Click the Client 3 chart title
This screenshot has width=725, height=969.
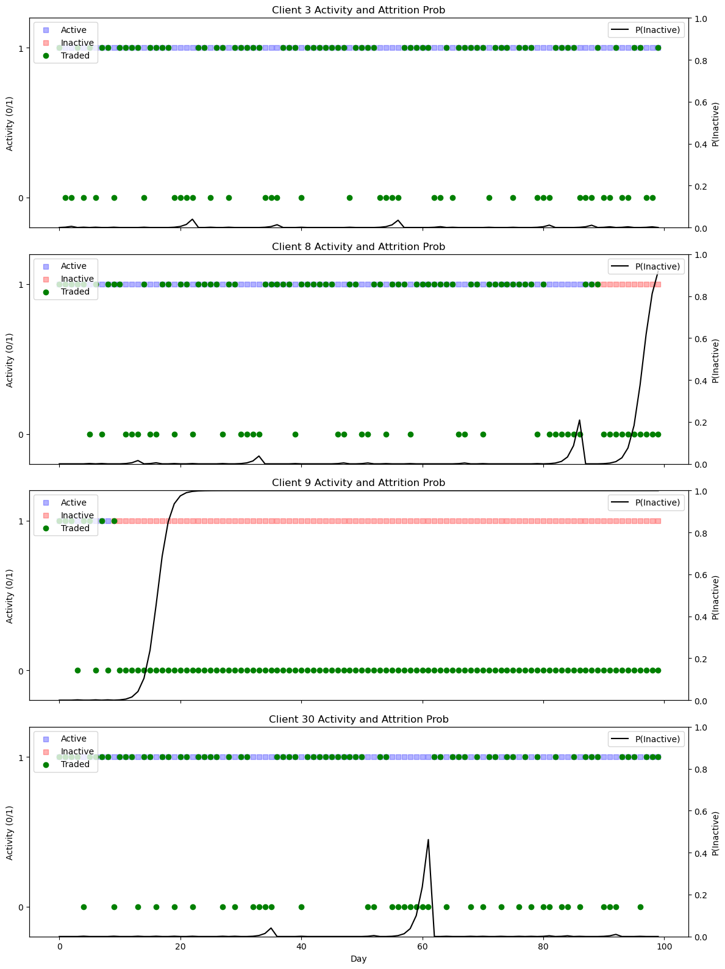coord(359,10)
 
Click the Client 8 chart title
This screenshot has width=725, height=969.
coord(359,246)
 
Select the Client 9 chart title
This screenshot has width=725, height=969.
coord(359,482)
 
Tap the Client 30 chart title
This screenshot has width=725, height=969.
coord(359,719)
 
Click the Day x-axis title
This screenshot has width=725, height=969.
coord(359,959)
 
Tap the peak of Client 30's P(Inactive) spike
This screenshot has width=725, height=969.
coord(428,840)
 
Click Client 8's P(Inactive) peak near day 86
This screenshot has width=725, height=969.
coord(579,420)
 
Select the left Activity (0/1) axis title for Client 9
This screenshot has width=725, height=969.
coord(10,595)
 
